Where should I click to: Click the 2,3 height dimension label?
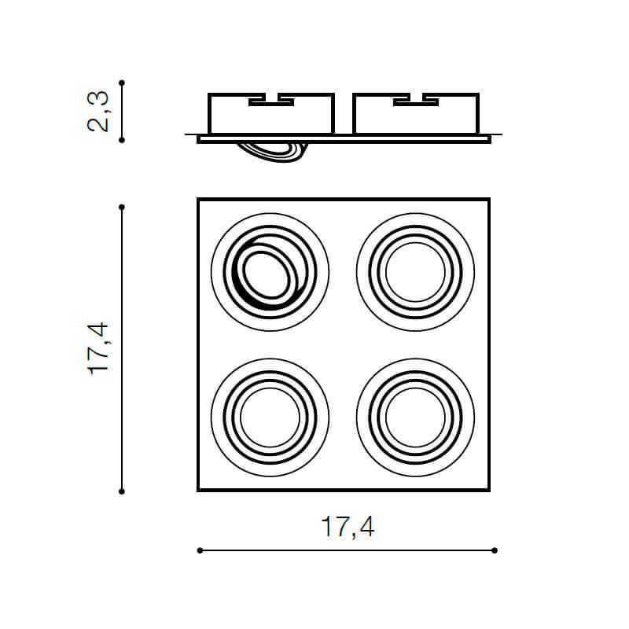97,112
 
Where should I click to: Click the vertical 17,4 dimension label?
98,348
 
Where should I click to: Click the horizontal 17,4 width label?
348,527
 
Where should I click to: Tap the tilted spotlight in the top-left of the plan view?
270,272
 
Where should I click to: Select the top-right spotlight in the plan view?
416,272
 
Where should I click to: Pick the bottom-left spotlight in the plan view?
270,417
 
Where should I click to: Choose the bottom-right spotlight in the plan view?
416,417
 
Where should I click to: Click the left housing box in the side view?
271,113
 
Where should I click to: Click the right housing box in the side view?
416,113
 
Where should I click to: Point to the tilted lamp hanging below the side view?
273,152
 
